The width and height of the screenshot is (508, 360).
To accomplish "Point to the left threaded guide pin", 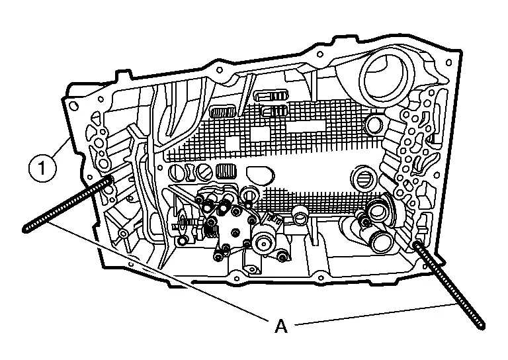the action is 67,204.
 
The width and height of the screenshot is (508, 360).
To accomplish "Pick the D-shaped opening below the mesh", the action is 260,175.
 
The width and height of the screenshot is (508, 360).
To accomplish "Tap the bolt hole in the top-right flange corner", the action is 448,63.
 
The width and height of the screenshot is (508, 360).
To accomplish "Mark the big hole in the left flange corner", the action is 74,107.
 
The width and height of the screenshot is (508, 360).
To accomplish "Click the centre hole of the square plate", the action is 236,233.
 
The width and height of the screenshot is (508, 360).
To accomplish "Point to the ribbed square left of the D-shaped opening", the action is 226,171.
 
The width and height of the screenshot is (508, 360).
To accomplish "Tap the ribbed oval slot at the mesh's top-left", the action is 223,112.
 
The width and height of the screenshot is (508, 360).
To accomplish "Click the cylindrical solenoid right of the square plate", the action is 265,243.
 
